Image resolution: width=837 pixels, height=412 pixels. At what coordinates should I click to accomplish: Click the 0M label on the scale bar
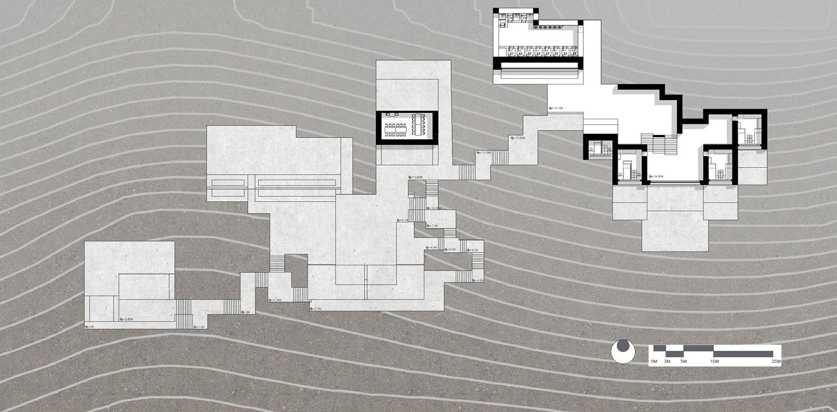(654, 361)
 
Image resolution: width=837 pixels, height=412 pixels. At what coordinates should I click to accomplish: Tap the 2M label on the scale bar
(667, 361)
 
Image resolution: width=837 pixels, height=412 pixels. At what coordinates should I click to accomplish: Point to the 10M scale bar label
(714, 361)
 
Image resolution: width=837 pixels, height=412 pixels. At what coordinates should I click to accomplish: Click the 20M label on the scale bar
(775, 361)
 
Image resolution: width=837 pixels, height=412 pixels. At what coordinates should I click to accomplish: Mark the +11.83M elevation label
(416, 177)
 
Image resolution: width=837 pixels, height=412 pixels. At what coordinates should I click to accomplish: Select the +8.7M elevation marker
(405, 220)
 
